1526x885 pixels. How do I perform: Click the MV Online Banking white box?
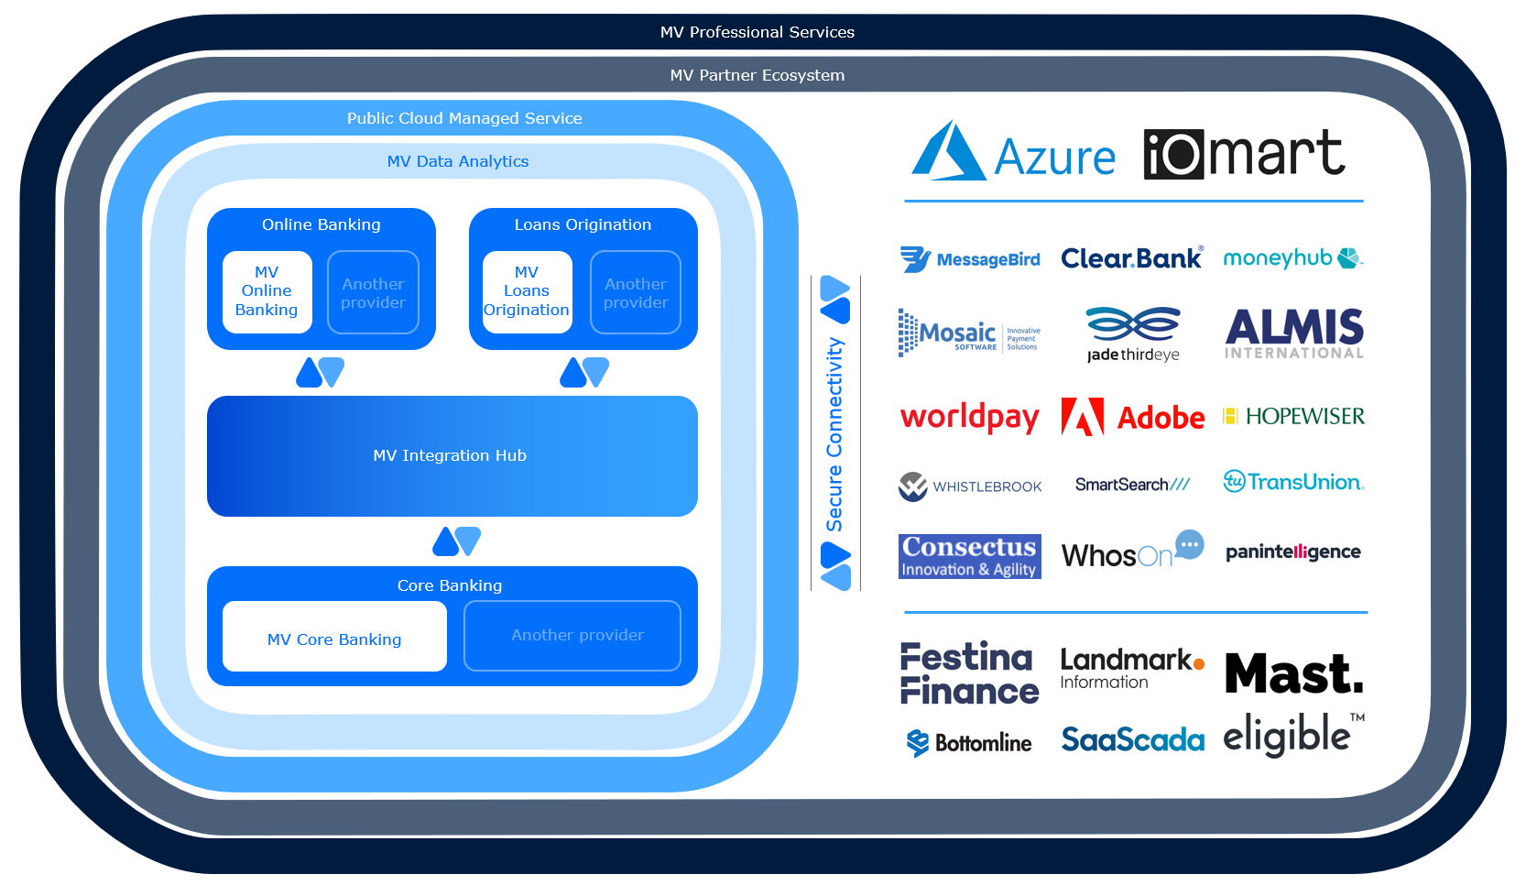click(x=267, y=291)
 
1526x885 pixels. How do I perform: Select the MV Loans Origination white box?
click(x=527, y=291)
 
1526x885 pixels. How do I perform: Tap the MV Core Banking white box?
click(x=334, y=637)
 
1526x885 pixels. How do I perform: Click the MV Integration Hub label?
click(x=450, y=455)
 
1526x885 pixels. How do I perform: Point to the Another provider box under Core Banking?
click(x=572, y=636)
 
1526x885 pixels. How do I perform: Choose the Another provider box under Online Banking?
click(x=373, y=292)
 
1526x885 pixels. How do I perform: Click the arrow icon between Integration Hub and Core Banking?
click(x=456, y=541)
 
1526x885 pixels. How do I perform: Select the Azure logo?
click(x=1013, y=153)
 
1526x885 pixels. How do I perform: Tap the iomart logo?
click(x=1244, y=153)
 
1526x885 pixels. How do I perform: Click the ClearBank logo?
click(x=1131, y=258)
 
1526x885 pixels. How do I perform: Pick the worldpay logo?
click(x=969, y=418)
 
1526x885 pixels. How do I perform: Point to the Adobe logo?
click(x=1133, y=418)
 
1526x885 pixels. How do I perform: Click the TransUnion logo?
click(x=1293, y=482)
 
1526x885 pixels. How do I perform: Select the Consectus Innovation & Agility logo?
click(x=969, y=556)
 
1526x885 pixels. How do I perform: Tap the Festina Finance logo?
click(x=969, y=673)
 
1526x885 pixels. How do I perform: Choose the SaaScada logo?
click(x=1132, y=739)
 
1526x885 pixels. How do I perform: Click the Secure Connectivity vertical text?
click(x=834, y=434)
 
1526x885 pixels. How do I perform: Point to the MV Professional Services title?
click(x=758, y=32)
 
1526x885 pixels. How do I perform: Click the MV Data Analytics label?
click(x=458, y=161)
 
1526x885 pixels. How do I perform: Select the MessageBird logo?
click(x=970, y=260)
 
